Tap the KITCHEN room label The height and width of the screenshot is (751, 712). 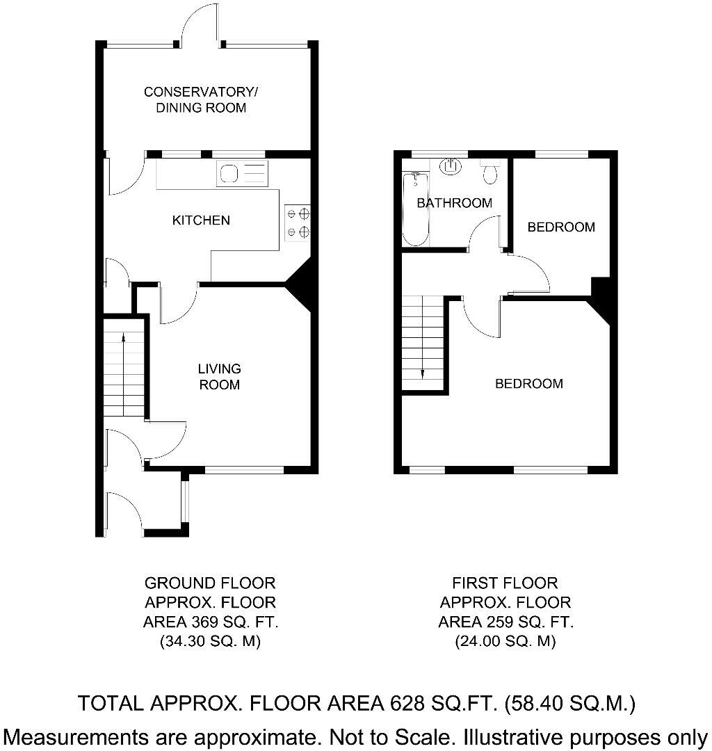pyautogui.click(x=201, y=220)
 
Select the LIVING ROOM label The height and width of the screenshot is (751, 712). pyautogui.click(x=219, y=376)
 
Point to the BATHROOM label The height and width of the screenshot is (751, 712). pyautogui.click(x=454, y=203)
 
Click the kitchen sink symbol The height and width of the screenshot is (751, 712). pyautogui.click(x=241, y=173)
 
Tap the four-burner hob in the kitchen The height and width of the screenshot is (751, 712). pyautogui.click(x=298, y=223)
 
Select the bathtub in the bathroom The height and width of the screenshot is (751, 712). pyautogui.click(x=416, y=209)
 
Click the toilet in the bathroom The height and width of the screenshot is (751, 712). pyautogui.click(x=491, y=171)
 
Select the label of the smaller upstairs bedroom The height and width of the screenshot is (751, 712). pyautogui.click(x=561, y=227)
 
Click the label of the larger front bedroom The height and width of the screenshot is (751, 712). pyautogui.click(x=528, y=383)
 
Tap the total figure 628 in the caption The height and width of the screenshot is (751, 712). pyautogui.click(x=404, y=704)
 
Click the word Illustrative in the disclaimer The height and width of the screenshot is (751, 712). pyautogui.click(x=505, y=736)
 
